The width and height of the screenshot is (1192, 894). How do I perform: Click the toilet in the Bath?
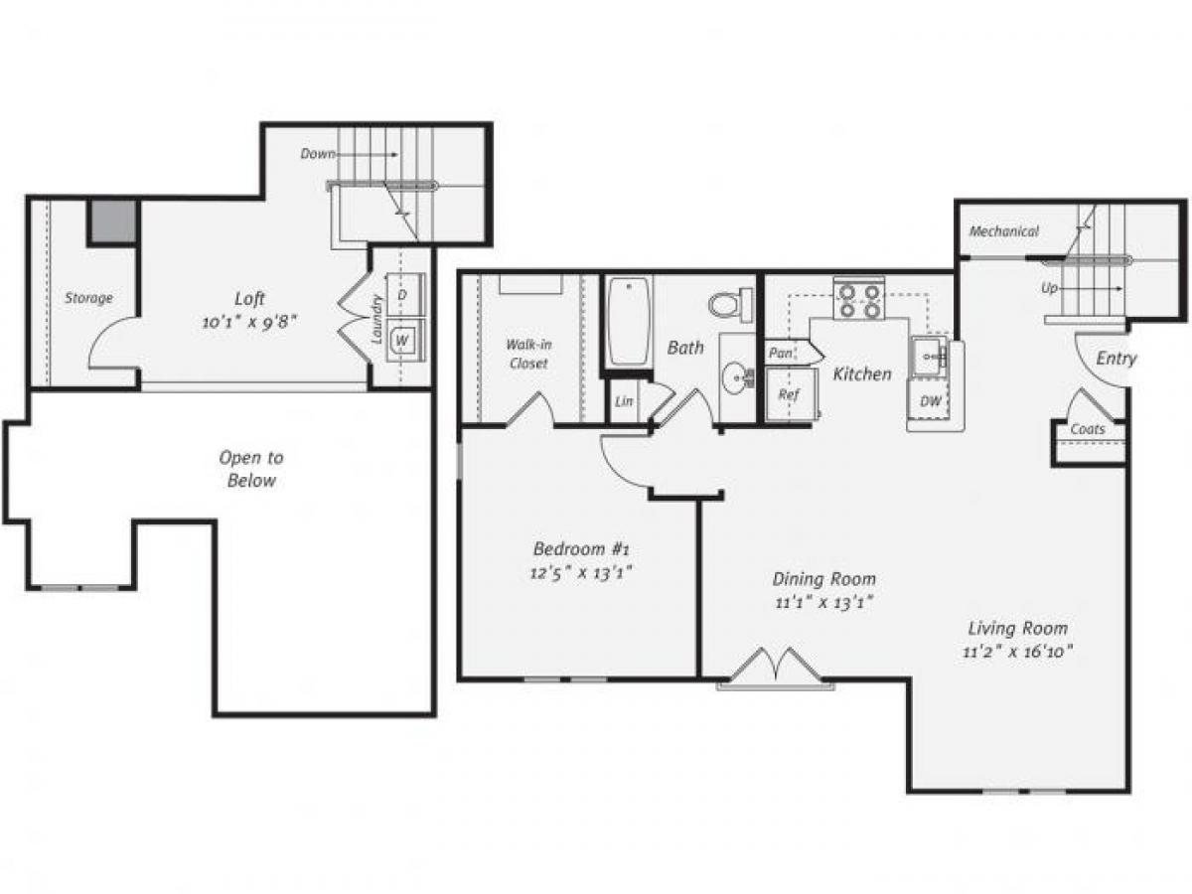coord(730,304)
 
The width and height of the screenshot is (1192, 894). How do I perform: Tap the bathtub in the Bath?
coord(629,321)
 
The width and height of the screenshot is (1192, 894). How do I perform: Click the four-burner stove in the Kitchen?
coord(859,300)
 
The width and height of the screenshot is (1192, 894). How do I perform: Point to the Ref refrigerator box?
coord(789,394)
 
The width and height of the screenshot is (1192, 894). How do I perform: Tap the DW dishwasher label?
coord(931,401)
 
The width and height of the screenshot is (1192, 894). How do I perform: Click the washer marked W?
coord(402,340)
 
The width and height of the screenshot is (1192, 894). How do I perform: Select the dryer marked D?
coord(402,295)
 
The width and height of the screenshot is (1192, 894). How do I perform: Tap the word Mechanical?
coord(1003,231)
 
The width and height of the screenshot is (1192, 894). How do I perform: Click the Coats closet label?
coord(1089,430)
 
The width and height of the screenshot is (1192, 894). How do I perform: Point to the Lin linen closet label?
coord(624,402)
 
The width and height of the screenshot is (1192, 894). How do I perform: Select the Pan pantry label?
coord(781,353)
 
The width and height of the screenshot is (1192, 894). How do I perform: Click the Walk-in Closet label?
coord(528,355)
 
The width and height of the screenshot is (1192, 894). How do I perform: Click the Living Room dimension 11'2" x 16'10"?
coord(1019,652)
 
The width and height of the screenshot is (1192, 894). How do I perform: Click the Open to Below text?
coord(250,469)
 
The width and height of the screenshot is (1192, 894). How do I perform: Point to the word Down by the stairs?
coord(319,154)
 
